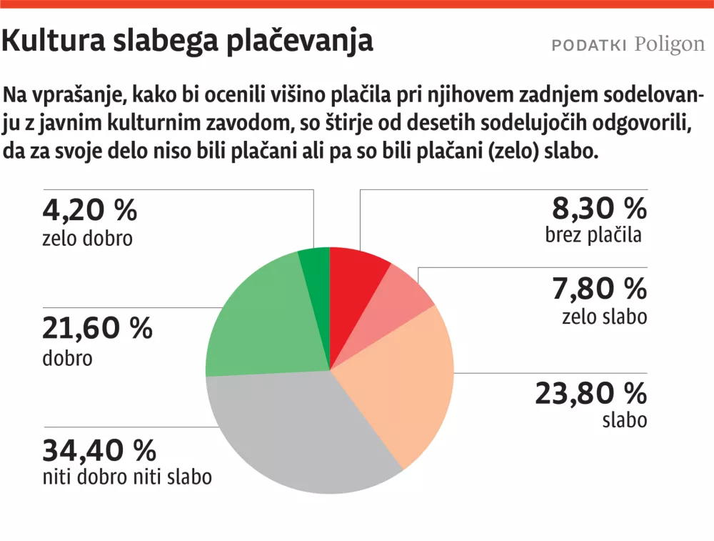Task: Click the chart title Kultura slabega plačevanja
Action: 187,41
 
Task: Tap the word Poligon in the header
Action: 669,44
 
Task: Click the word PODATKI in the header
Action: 589,45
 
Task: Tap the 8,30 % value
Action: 599,209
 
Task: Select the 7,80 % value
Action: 599,289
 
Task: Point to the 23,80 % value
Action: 590,393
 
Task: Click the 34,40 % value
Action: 99,450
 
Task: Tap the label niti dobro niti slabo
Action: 127,477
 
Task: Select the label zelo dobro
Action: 88,238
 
